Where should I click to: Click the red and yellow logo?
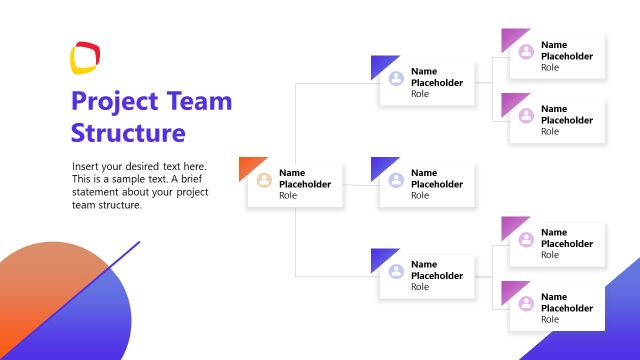pyautogui.click(x=85, y=57)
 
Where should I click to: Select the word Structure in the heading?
pyautogui.click(x=128, y=133)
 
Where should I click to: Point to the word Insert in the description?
pyautogui.click(x=87, y=166)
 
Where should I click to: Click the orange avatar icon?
pyautogui.click(x=264, y=181)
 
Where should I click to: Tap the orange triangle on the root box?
pyautogui.click(x=249, y=166)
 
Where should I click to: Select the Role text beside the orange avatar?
pyautogui.click(x=288, y=196)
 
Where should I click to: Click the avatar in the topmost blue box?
pyautogui.click(x=396, y=78)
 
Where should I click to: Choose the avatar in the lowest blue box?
pyautogui.click(x=396, y=271)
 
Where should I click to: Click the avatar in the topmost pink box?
pyautogui.click(x=526, y=52)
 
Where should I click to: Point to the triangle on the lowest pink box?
pyautogui.click(x=512, y=291)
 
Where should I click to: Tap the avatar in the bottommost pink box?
pyautogui.click(x=526, y=302)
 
